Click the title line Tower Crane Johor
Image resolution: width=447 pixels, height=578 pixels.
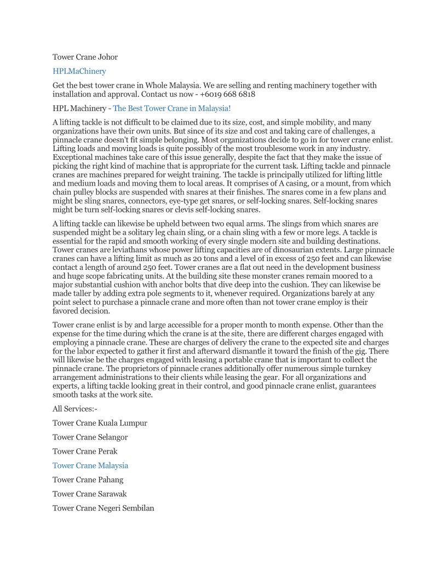pos(85,57)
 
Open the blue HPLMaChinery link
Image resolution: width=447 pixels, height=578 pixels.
pos(79,71)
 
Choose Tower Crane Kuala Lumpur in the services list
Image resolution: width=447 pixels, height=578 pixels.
pos(100,423)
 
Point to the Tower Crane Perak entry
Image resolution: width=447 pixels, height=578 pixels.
pos(85,452)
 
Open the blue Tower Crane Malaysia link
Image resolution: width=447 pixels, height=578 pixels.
pos(90,466)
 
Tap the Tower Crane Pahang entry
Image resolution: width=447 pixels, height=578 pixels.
pos(88,480)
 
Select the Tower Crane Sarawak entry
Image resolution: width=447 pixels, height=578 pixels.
pos(89,494)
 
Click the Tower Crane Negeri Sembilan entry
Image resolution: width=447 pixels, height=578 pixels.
pos(103,508)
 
